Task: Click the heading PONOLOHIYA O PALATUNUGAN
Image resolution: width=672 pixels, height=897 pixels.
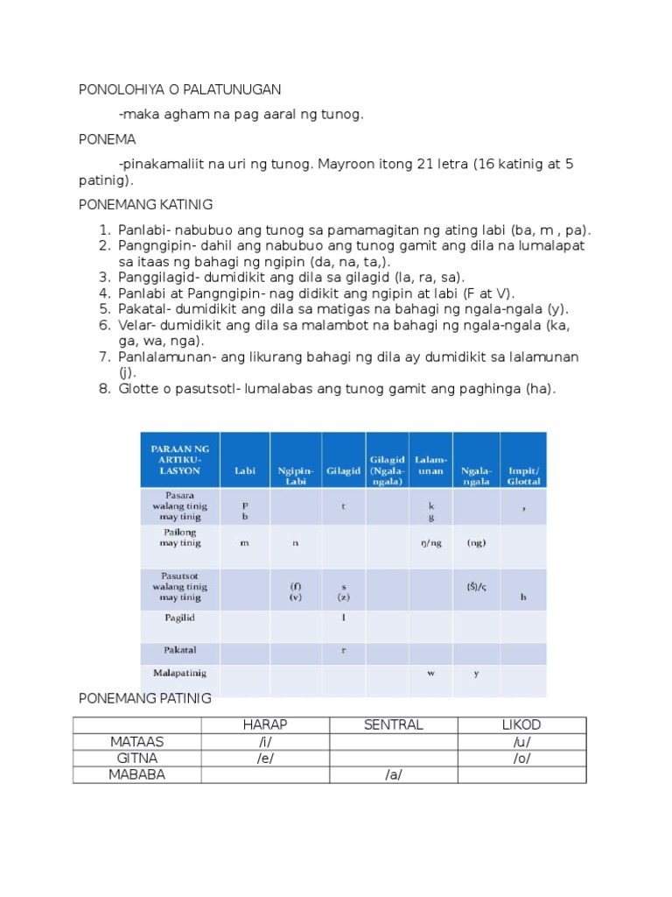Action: (x=179, y=89)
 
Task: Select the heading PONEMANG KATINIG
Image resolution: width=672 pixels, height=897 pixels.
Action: (x=145, y=204)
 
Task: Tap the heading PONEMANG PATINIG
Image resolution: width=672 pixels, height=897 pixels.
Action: (x=144, y=698)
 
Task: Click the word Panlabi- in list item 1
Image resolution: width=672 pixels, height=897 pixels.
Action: (x=145, y=230)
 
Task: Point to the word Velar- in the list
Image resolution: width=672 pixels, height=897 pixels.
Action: (x=137, y=325)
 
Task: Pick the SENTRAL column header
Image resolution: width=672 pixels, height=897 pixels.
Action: (x=393, y=724)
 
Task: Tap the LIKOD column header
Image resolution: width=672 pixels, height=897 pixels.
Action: (x=521, y=724)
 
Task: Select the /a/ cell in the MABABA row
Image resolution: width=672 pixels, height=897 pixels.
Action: (x=393, y=775)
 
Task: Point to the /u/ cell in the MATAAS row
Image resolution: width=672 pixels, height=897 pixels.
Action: (x=521, y=741)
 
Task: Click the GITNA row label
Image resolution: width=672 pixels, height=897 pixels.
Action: (x=137, y=759)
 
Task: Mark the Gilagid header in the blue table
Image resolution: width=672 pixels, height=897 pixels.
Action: (x=343, y=470)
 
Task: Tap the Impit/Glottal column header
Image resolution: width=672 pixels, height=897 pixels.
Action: (x=523, y=476)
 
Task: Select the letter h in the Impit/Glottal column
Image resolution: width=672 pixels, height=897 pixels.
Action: (x=523, y=597)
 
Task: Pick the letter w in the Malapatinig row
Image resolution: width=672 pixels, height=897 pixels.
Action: (x=430, y=673)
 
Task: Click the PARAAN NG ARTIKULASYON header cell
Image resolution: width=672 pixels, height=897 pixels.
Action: (x=179, y=459)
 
